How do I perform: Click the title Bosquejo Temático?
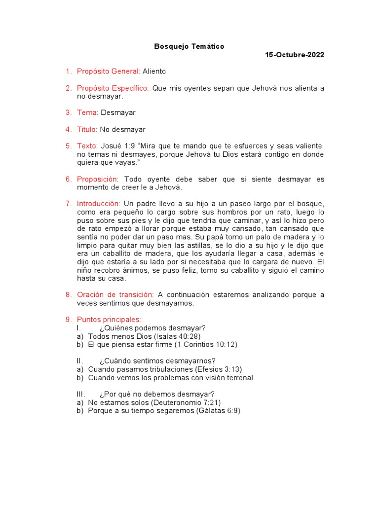coord(189,46)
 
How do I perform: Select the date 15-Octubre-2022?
coord(295,55)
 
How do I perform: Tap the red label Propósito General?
coord(109,72)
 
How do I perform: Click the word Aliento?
coord(154,72)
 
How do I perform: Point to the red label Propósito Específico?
coord(113,88)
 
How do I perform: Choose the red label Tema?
coord(88,112)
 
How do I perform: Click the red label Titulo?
coord(87,130)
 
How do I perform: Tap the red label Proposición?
coord(98,180)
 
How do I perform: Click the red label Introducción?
coord(99,204)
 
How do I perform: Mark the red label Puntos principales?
coord(109,320)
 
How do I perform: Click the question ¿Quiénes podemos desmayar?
coord(152,328)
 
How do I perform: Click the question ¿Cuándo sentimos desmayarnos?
coord(157,361)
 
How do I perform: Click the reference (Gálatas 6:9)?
coord(218,410)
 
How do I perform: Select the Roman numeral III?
coord(81,394)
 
